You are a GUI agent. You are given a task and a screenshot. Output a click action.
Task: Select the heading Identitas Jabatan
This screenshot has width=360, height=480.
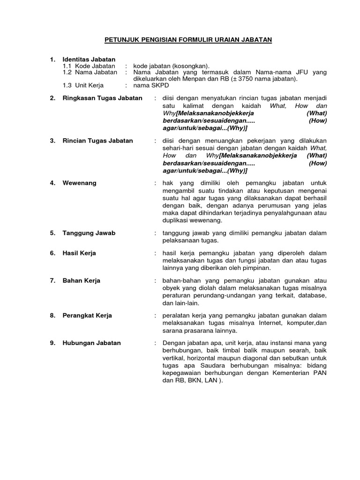(x=89, y=59)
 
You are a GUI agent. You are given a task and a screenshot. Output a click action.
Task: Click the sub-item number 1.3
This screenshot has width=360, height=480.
(x=68, y=86)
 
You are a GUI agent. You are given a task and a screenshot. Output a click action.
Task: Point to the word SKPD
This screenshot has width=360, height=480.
(x=160, y=86)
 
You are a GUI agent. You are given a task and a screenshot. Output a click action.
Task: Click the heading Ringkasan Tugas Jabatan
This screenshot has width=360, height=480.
(x=103, y=98)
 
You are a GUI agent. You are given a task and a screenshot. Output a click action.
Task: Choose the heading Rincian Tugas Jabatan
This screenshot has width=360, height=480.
(x=97, y=141)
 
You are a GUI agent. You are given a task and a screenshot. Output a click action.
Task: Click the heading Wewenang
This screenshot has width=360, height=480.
(x=79, y=183)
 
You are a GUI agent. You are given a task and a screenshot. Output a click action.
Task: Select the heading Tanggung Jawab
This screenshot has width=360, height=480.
(x=89, y=233)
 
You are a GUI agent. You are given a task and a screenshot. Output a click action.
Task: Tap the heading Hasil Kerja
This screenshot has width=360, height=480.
(x=79, y=253)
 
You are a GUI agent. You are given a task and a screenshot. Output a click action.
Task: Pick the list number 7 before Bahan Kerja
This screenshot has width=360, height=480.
(x=52, y=281)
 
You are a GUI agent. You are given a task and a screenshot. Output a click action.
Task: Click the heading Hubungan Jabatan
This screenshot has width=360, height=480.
(x=91, y=343)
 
